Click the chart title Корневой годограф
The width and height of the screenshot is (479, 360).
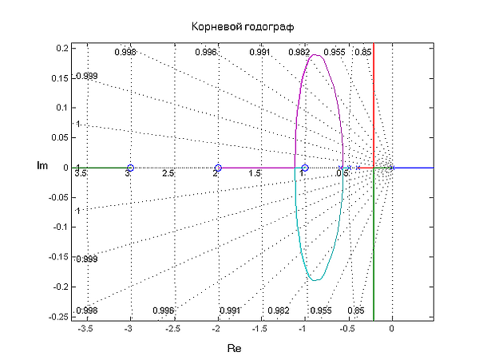click(x=239, y=26)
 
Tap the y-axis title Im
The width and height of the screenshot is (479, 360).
click(x=43, y=166)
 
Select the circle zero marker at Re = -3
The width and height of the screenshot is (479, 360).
click(x=130, y=168)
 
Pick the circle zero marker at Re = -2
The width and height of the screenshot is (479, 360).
click(x=218, y=168)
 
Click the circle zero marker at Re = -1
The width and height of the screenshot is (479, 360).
click(x=305, y=168)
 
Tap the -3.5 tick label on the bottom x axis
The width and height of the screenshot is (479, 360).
click(x=86, y=328)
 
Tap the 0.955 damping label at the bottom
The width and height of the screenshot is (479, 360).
click(x=321, y=311)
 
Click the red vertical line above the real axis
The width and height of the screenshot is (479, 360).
click(x=374, y=104)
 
